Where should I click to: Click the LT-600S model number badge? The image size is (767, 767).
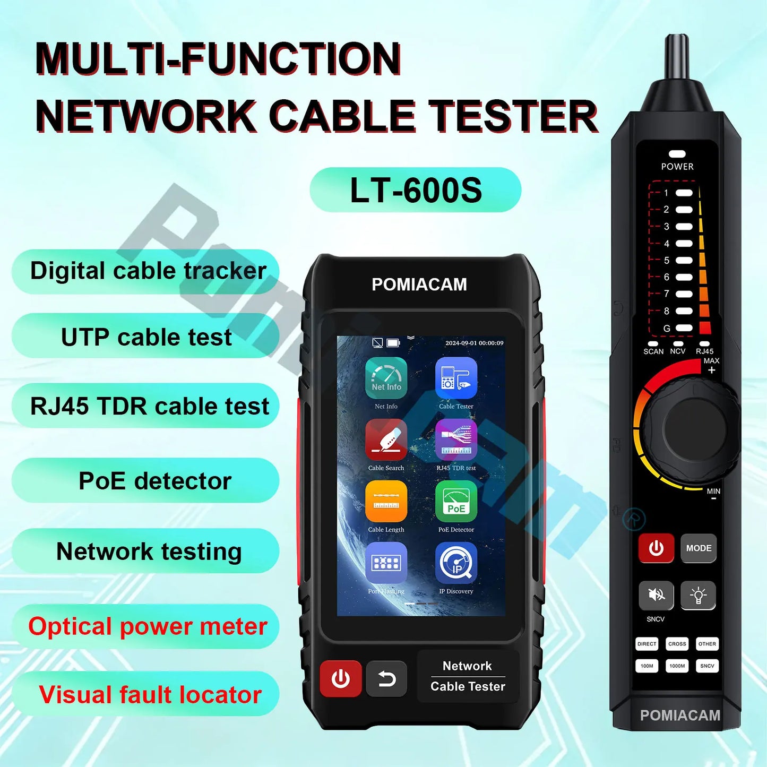coord(415,190)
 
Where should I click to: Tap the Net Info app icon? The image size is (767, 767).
coord(386,377)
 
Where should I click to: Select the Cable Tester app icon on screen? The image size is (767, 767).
coord(456,377)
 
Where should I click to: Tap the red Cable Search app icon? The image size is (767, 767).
coord(386,439)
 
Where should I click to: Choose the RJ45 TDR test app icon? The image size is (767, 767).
coord(456,439)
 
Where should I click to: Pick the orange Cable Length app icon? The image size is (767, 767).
coord(386,501)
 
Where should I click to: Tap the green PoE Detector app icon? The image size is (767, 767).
coord(456,501)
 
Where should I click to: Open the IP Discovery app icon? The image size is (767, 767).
coord(456,563)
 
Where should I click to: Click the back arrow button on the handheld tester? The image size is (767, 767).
coord(386,679)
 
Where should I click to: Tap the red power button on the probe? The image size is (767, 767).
coord(656,548)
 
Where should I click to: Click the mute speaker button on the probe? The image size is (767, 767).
coord(656,595)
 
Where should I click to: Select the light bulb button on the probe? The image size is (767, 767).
coord(698,595)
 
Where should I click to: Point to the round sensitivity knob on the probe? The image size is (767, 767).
coord(688,426)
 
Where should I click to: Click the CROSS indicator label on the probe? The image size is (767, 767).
coord(677,644)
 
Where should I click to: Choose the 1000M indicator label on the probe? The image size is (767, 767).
coord(677,666)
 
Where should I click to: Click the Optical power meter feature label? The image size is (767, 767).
coord(147,626)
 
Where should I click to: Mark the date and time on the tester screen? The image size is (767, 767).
coord(474,343)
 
